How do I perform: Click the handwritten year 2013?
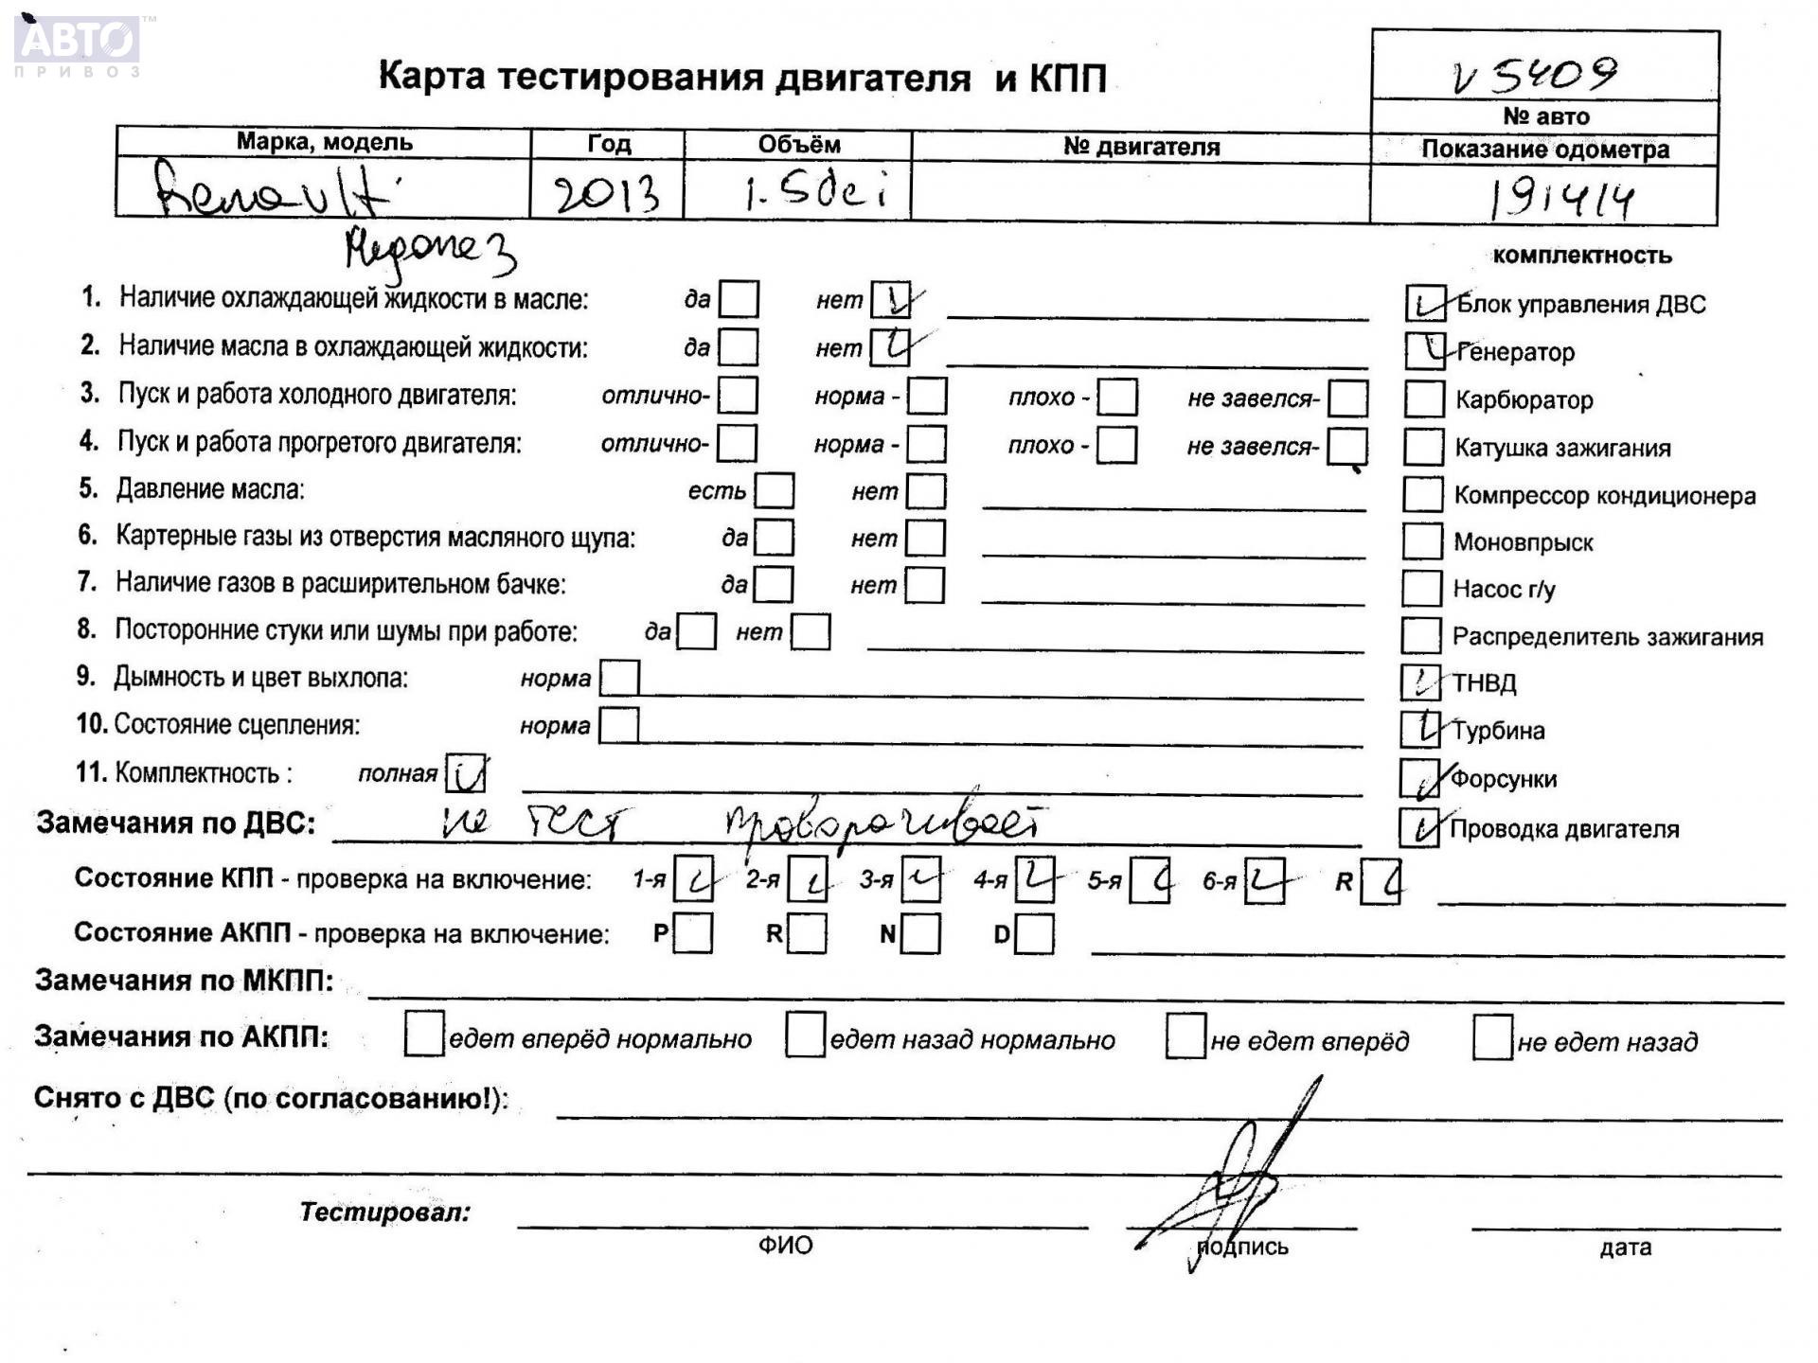pyautogui.click(x=606, y=194)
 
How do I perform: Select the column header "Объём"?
pyautogui.click(x=798, y=145)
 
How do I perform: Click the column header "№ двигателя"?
pyautogui.click(x=1141, y=147)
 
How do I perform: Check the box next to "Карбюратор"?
pyautogui.click(x=1423, y=399)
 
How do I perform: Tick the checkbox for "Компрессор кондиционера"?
pyautogui.click(x=1422, y=494)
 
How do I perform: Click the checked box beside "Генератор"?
pyautogui.click(x=1424, y=350)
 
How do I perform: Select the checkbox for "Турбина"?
pyautogui.click(x=1420, y=729)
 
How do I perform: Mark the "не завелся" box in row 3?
pyautogui.click(x=1347, y=398)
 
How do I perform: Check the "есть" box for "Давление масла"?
pyautogui.click(x=775, y=490)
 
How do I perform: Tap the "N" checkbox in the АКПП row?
pyautogui.click(x=920, y=934)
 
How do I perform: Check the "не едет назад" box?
pyautogui.click(x=1492, y=1038)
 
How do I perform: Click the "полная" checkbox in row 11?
pyautogui.click(x=466, y=773)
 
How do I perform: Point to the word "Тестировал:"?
pyautogui.click(x=384, y=1213)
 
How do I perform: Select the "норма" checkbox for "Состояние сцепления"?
pyautogui.click(x=619, y=726)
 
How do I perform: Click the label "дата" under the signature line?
pyautogui.click(x=1625, y=1248)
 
